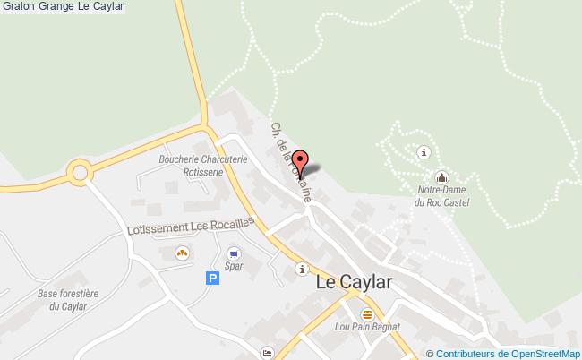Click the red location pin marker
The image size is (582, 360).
pos(301,163)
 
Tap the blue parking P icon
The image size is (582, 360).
pos(212,279)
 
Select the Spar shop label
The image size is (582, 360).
pos(234,265)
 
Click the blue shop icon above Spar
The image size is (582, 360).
pos(234,253)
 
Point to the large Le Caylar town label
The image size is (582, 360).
pos(355,281)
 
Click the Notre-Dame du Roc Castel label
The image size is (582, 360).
pos(442,197)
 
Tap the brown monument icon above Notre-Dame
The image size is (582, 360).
pos(441,176)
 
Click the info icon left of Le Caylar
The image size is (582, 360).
pos(303,268)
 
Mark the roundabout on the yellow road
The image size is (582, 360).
pos(80,172)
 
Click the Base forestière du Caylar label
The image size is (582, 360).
pos(67,300)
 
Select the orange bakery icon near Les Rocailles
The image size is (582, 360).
pos(182,253)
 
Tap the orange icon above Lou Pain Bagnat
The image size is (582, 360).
pos(367,314)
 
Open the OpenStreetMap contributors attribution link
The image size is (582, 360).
pos(506,353)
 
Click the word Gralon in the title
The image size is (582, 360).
pos(17,7)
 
